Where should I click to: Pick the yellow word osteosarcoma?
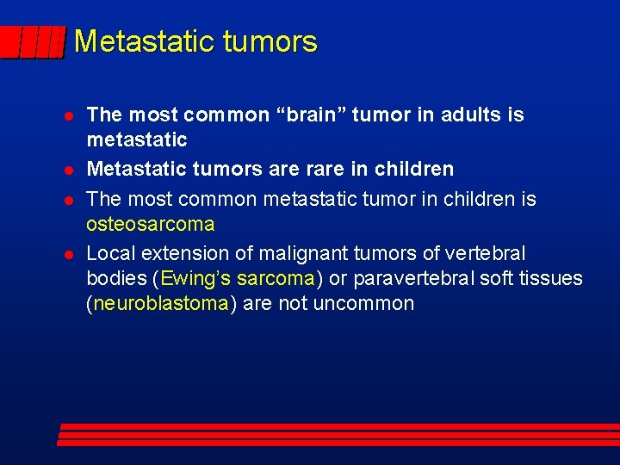pos(151,224)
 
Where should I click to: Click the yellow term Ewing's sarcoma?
pos(237,278)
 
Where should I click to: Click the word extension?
pos(177,253)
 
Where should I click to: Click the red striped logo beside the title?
pos(32,42)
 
